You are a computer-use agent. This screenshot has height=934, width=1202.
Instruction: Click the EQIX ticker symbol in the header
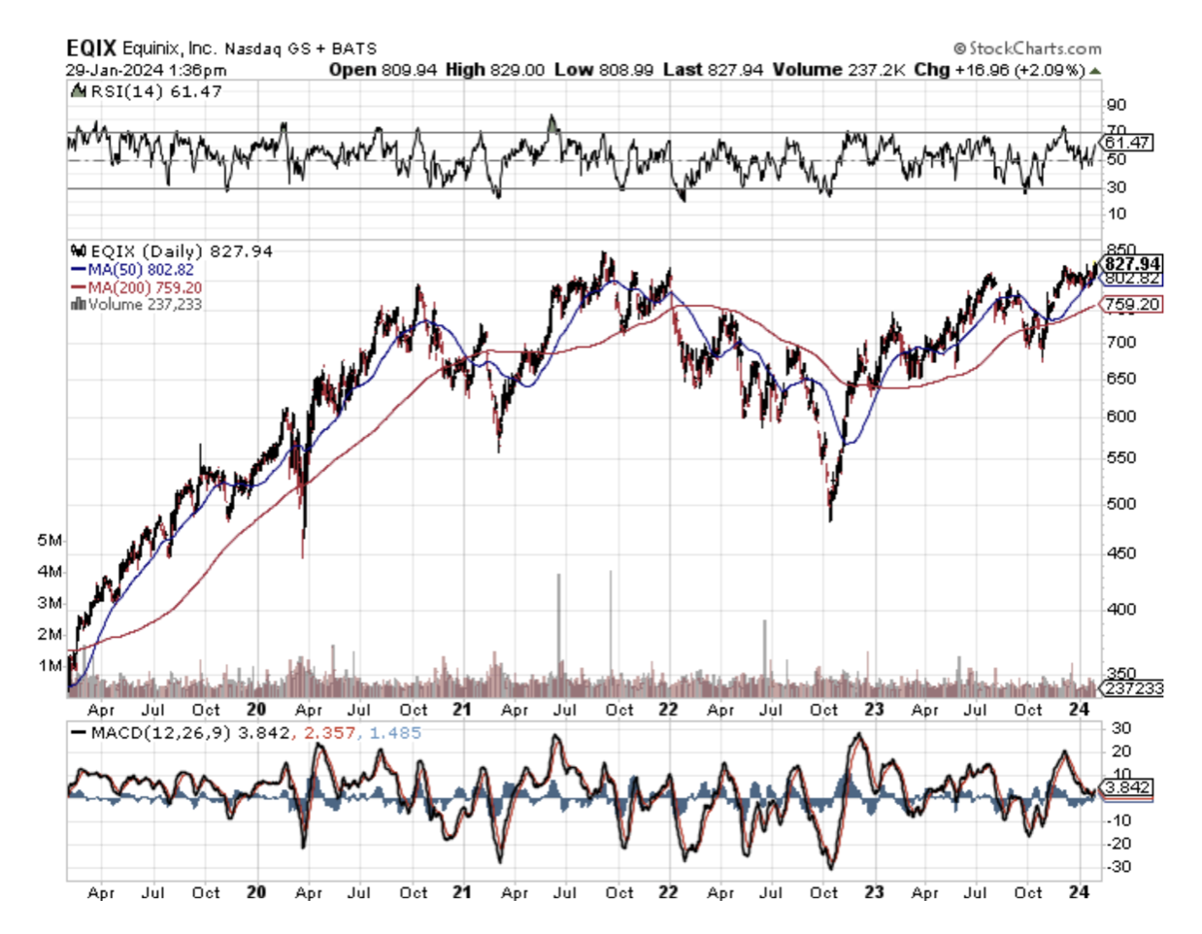pos(91,48)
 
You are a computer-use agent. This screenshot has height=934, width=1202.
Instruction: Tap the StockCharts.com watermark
pos(1028,48)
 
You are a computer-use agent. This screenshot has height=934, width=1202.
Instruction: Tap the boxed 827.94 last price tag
pos(1132,264)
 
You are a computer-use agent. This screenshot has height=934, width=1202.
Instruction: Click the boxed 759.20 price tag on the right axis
pos(1132,305)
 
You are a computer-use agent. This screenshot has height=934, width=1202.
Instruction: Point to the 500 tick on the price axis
pos(1121,504)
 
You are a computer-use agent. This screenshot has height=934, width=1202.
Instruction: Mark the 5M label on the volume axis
pos(50,540)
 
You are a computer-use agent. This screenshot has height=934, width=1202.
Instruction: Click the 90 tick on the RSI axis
pos(1117,105)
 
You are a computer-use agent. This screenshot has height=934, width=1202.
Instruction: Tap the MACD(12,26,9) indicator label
pos(161,733)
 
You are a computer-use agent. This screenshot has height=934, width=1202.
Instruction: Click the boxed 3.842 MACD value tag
pos(1129,787)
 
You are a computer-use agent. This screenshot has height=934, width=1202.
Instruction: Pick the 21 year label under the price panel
pos(462,710)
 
